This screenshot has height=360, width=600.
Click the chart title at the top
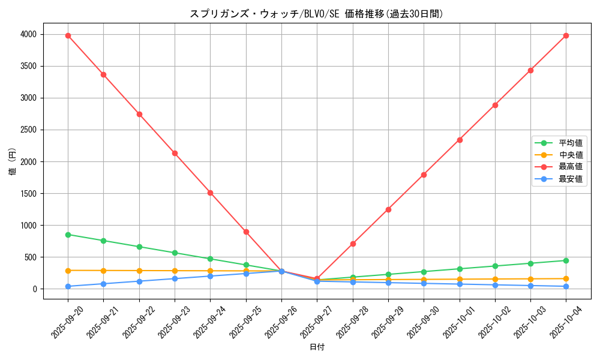[316, 14]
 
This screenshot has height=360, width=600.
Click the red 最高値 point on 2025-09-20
[68, 35]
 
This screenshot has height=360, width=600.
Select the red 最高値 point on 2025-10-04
[566, 35]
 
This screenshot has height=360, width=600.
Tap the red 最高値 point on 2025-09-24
[210, 193]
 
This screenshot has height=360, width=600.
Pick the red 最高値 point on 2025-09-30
[424, 175]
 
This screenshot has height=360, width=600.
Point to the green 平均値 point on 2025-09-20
[68, 235]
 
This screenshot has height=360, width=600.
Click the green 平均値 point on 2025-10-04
[566, 260]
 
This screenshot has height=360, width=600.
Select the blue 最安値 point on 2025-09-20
[68, 286]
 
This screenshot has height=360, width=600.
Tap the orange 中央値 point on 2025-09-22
[139, 271]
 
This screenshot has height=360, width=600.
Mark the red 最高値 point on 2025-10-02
[495, 105]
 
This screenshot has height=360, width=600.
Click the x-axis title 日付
[317, 347]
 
